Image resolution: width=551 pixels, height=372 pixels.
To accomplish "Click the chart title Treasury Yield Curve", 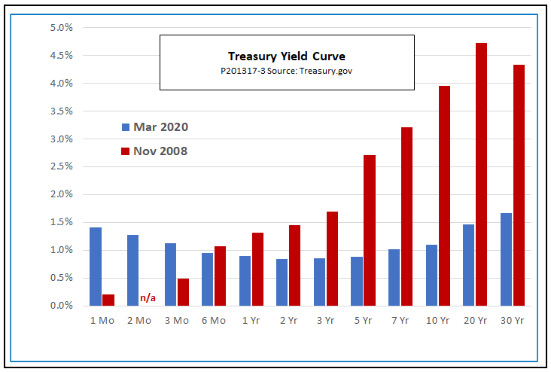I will tap(287, 56).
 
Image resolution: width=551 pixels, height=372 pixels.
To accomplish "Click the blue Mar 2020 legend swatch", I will tap(126, 127).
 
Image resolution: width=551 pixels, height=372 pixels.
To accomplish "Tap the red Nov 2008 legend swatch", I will tap(126, 151).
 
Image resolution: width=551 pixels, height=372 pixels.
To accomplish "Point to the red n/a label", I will tap(148, 299).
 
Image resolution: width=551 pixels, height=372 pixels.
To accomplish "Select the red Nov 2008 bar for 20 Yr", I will tap(481, 174).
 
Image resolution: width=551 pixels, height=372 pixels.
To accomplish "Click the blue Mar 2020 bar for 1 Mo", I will tap(96, 267).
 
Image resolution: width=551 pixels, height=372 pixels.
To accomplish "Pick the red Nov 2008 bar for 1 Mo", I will tap(108, 300).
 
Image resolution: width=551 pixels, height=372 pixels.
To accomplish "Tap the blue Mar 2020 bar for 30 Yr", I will tap(506, 259).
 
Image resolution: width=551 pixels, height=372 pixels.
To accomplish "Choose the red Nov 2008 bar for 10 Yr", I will tap(444, 196).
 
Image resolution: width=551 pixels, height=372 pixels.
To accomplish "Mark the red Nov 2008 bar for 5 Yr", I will tap(370, 230).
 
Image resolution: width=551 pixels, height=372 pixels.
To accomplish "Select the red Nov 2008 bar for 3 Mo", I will tap(183, 292).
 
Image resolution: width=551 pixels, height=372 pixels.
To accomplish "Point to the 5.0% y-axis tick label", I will tap(61, 28).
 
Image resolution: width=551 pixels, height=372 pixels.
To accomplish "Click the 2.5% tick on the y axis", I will tap(61, 166).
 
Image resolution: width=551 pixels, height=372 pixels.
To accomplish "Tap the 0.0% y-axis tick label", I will tap(61, 306).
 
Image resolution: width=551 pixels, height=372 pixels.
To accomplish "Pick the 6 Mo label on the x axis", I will tap(214, 319).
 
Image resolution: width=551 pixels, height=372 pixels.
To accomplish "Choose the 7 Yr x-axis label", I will tap(400, 319).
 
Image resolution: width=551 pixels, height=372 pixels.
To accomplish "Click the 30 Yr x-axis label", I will tap(512, 319).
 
